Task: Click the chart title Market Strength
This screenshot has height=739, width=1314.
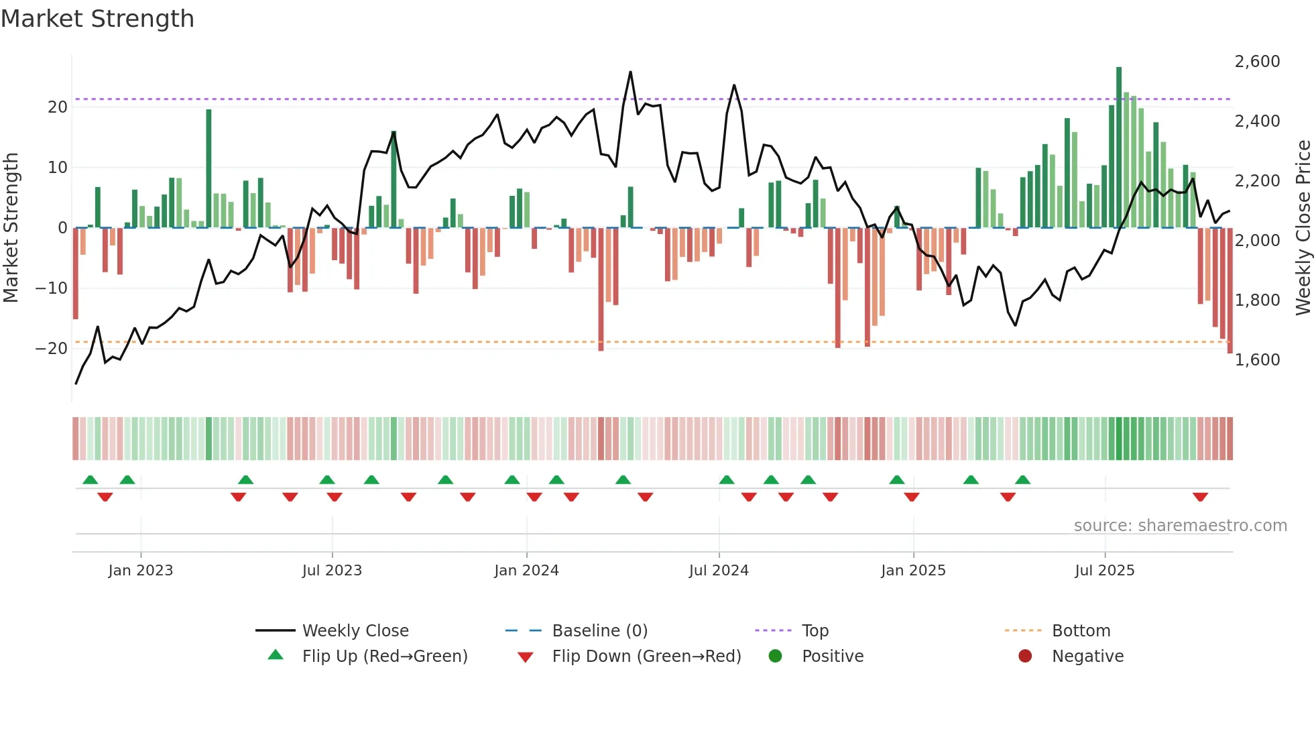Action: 97,19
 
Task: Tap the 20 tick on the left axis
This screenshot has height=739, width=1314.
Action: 58,107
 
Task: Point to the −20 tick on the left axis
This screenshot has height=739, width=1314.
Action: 52,349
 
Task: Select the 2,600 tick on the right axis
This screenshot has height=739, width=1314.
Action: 1257,62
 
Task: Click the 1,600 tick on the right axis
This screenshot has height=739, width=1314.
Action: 1257,360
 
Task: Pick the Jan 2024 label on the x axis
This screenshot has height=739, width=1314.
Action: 526,571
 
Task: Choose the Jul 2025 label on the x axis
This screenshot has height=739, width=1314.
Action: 1104,571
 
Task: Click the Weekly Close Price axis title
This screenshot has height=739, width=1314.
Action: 1303,228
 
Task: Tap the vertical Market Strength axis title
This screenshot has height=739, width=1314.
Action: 11,228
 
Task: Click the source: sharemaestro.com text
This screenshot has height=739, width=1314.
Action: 1180,526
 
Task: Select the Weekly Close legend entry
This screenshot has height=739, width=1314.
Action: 355,631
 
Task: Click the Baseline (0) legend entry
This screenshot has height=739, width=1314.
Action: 599,631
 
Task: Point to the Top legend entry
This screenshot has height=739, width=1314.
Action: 815,631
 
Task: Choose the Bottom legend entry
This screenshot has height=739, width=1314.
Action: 1081,631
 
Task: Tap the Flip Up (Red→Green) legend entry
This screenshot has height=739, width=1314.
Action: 385,657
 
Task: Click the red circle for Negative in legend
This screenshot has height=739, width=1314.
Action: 1025,657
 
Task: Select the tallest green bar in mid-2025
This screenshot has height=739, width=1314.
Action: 1119,148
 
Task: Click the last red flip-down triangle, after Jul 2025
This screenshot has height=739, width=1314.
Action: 1200,497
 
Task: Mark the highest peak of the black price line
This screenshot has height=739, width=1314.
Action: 630,72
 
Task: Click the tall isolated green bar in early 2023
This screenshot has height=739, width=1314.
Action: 208,168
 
